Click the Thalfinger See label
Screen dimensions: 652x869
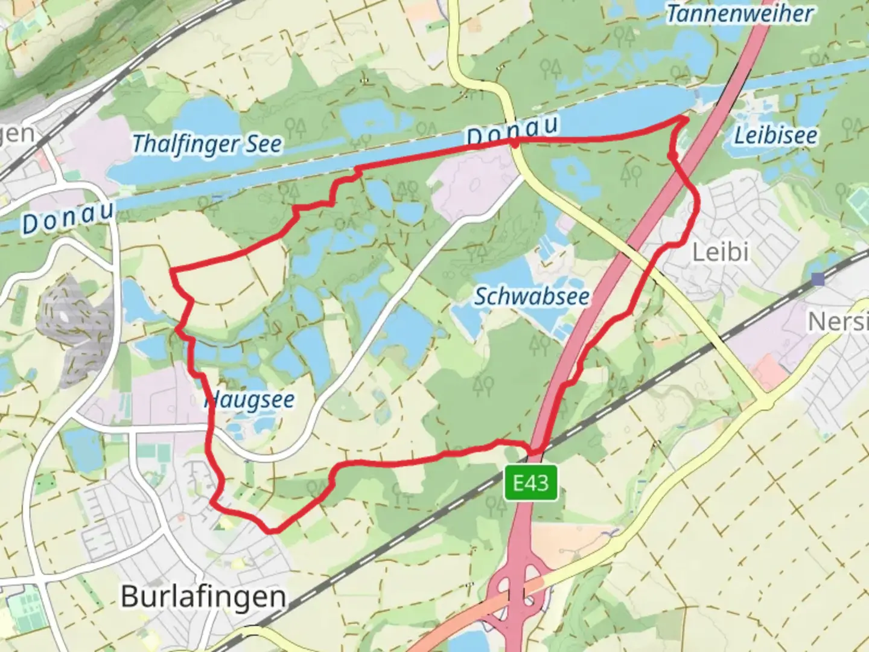206,144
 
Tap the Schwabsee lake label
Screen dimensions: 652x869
532,296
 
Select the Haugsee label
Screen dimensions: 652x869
250,400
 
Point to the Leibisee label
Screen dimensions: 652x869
775,135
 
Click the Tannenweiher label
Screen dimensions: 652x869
739,13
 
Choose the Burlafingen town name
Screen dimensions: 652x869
203,596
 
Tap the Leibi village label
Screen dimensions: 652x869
720,252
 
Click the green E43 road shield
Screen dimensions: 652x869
531,483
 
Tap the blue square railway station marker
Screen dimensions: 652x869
818,279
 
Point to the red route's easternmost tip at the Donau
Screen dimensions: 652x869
687,119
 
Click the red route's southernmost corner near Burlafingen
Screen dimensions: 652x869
271,531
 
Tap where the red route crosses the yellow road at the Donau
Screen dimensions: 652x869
514,142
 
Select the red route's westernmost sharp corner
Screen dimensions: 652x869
173,270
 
